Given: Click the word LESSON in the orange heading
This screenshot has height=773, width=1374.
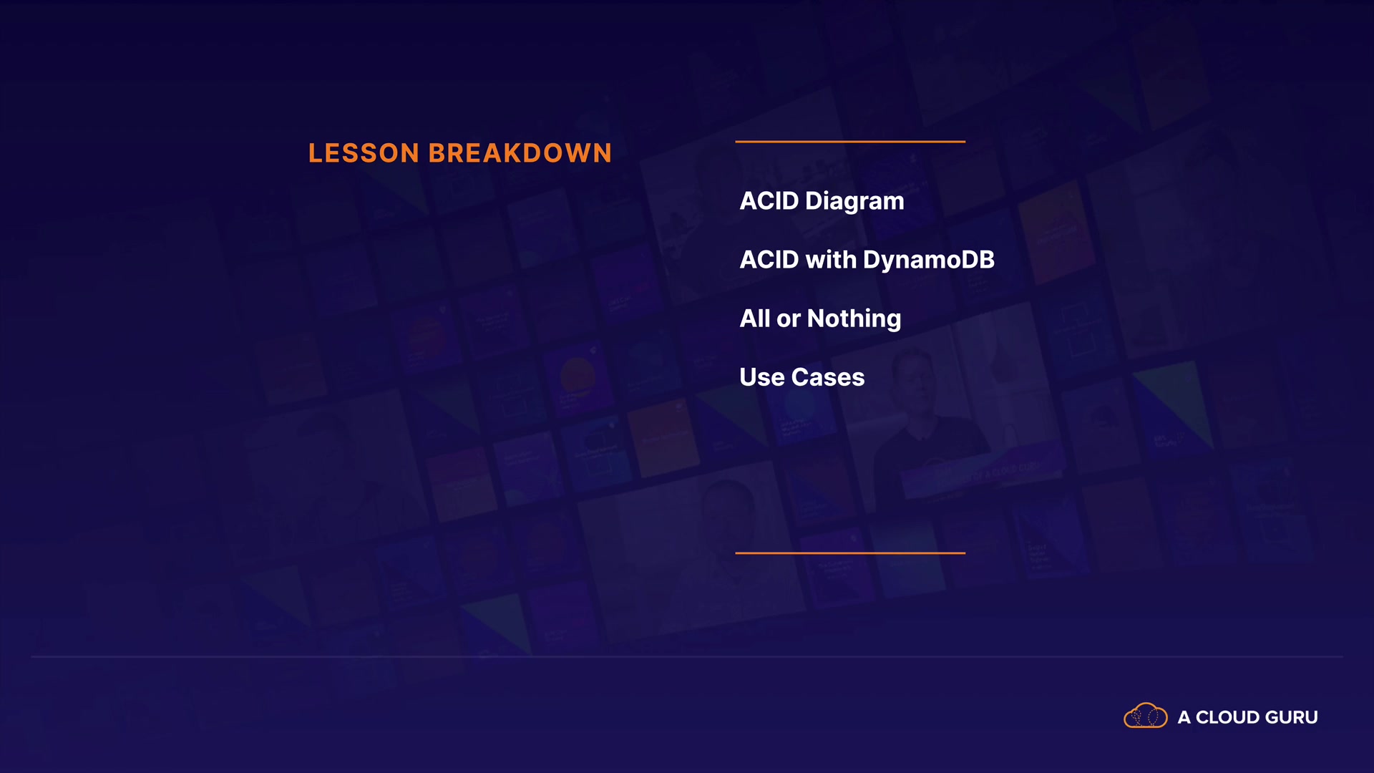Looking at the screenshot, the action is point(364,153).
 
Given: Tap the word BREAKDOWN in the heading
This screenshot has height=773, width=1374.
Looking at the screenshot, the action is point(520,153).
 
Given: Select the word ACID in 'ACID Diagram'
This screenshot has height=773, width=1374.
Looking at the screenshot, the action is point(769,201).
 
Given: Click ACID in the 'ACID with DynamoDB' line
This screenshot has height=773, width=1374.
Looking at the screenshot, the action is point(769,260).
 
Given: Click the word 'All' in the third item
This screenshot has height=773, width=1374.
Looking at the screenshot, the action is point(755,319).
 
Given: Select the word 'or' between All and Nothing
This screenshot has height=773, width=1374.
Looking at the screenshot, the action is point(789,321).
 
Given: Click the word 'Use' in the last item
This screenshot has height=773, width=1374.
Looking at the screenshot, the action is point(762,377).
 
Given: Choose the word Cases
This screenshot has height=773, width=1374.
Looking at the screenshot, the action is point(828,377).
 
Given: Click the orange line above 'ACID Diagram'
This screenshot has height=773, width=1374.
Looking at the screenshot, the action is point(850,142).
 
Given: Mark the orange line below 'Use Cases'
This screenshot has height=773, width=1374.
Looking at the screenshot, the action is point(850,553).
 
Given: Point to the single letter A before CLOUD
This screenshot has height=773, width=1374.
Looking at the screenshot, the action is point(1184,717).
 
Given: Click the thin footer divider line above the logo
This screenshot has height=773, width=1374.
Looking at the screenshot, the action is point(687,656).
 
